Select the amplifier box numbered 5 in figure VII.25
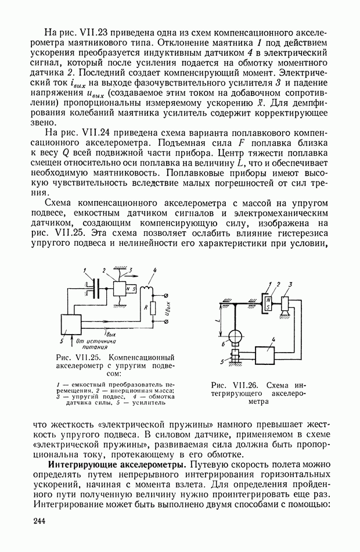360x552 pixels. pyautogui.click(x=74, y=323)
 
